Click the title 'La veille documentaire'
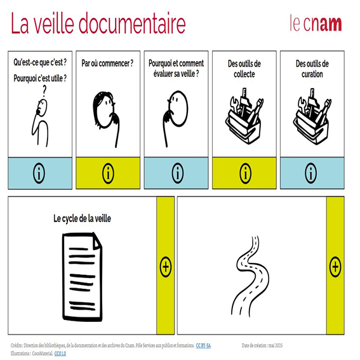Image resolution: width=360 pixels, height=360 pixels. pyautogui.click(x=98, y=23)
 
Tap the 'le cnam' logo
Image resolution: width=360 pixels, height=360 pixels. pyautogui.click(x=316, y=23)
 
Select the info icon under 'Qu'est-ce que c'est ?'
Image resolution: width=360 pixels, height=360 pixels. pyautogui.click(x=39, y=173)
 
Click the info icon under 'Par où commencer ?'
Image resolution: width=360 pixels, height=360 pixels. pyautogui.click(x=108, y=173)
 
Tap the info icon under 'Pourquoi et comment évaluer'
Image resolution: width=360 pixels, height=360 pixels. pyautogui.click(x=177, y=173)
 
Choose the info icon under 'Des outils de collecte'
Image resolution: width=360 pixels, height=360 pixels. pyautogui.click(x=245, y=173)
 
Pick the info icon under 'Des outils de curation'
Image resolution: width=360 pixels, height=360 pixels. pyautogui.click(x=312, y=173)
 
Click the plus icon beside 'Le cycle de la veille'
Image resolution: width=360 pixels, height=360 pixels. pyautogui.click(x=165, y=267)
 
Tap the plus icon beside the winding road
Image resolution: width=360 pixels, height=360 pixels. pyautogui.click(x=335, y=267)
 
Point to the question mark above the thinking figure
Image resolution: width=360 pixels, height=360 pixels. pyautogui.click(x=43, y=91)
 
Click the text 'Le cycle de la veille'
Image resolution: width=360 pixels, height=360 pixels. pyautogui.click(x=83, y=218)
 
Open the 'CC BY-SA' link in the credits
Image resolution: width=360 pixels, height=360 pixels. pyautogui.click(x=203, y=345)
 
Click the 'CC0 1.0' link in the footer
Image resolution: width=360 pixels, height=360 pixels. pyautogui.click(x=60, y=352)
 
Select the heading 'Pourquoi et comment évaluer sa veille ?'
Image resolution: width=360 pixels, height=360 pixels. pyautogui.click(x=177, y=69)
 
